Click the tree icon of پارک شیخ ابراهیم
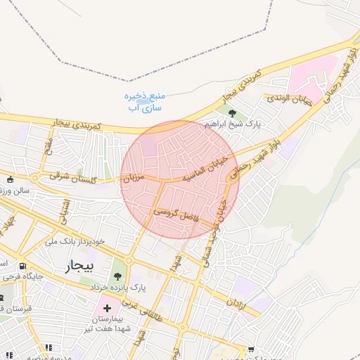click(231, 112)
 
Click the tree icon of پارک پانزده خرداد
click(117, 275)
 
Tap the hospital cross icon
click(107, 308)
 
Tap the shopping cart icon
click(251, 349)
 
